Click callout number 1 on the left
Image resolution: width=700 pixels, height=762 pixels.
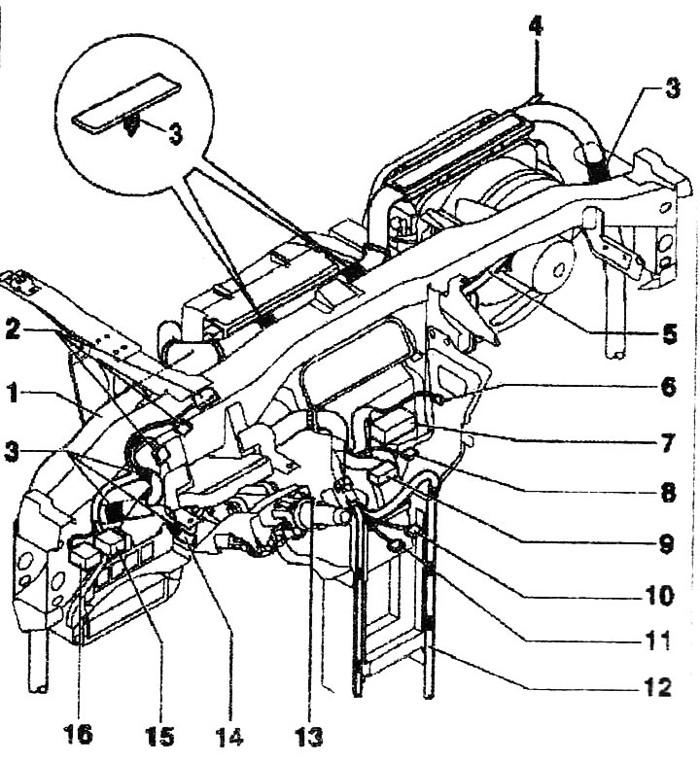14,393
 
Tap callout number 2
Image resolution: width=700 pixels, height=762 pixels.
14,330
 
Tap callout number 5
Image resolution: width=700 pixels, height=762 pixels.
669,334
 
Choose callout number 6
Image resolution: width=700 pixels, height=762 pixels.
669,387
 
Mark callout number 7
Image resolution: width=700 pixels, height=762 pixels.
669,443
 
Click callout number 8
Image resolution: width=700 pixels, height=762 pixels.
669,493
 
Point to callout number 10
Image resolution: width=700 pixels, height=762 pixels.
659,595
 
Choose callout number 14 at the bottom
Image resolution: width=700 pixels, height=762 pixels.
229,735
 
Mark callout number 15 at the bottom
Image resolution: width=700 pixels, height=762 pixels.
159,735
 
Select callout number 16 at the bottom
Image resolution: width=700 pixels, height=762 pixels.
78,735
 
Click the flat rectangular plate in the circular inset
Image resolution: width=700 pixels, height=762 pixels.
126,103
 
